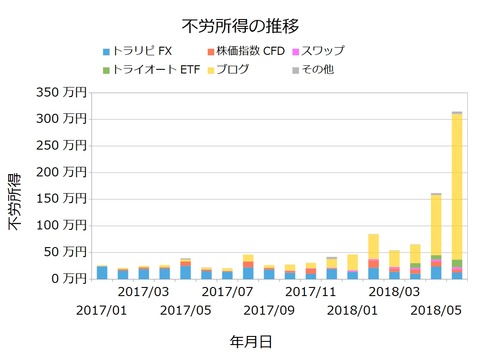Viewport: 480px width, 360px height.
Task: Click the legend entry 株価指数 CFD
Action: (249, 51)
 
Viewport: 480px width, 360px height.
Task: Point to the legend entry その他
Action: (322, 69)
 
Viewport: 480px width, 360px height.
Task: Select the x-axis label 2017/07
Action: (227, 293)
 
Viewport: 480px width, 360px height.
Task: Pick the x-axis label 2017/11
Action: (310, 293)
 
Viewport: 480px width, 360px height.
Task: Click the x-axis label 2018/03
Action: (394, 293)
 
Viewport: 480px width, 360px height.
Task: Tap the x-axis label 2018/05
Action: (436, 312)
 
